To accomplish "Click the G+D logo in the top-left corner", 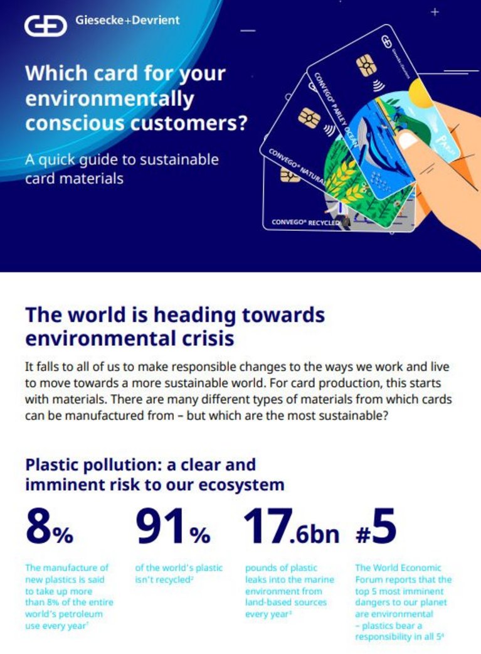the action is coord(45,26).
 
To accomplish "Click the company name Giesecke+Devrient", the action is coord(127,20).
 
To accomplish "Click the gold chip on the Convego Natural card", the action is coord(309,117).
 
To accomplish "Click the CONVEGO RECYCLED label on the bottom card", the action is coord(305,222).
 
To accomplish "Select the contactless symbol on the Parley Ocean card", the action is coord(378,85).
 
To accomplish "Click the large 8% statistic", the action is coord(49,527).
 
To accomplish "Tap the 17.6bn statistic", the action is coord(291,527).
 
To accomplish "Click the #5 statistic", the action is coord(376,525).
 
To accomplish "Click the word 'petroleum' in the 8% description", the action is coord(83,614).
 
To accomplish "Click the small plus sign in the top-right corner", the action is coord(435,12).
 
